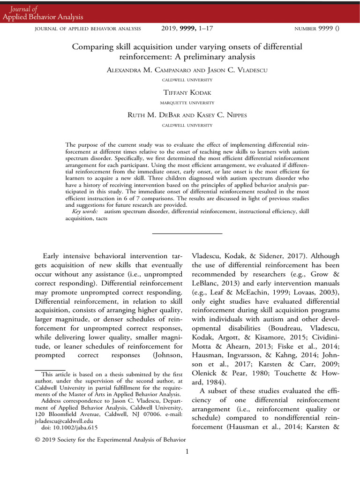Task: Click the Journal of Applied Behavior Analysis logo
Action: pyautogui.click(x=43, y=13)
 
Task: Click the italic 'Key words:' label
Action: pyautogui.click(x=85, y=212)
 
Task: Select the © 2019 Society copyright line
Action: pyautogui.click(x=111, y=439)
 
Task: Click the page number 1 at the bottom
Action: pyautogui.click(x=187, y=451)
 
